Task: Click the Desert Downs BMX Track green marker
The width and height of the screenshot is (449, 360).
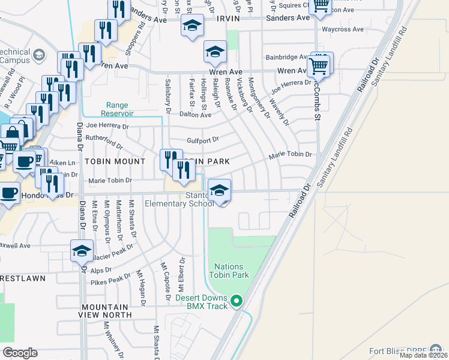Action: coord(237,301)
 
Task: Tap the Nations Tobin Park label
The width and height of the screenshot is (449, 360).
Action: coord(229,271)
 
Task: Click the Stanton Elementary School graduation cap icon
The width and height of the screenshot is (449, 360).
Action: coord(220,191)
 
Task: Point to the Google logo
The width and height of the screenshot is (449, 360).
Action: coord(20,353)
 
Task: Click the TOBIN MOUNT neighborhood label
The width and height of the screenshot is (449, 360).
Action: coord(115,161)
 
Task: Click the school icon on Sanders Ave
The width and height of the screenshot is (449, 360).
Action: coord(192,26)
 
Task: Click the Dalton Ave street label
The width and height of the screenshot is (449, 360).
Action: coord(193,114)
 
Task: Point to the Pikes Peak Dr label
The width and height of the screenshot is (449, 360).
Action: coord(110,279)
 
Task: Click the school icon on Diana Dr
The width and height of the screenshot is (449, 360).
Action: coord(82,251)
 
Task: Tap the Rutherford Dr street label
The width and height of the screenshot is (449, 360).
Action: coord(104,142)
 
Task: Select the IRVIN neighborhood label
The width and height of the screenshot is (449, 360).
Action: coord(242,19)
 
